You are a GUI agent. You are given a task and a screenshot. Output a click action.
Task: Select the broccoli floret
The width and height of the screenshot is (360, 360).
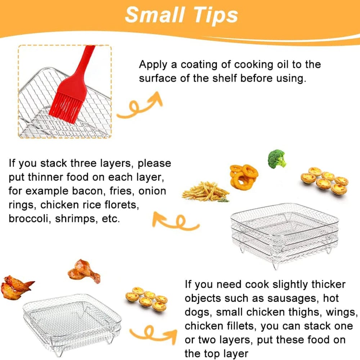pyautogui.click(x=277, y=159)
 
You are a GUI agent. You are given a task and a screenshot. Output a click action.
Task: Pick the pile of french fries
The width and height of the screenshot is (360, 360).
pyautogui.click(x=205, y=191)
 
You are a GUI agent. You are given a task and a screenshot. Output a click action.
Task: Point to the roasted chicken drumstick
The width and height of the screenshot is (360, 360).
pyautogui.click(x=84, y=270)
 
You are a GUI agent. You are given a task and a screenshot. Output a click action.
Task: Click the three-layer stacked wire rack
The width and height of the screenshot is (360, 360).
pyautogui.click(x=284, y=234)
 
